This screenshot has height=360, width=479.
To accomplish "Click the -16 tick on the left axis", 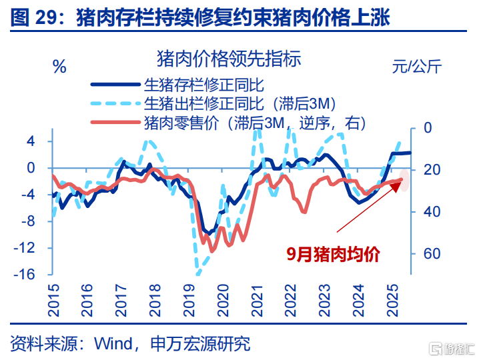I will [x=26, y=275].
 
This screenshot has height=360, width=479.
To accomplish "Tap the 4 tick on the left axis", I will [x=31, y=141].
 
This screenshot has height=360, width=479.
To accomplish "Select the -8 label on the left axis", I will [x=29, y=221].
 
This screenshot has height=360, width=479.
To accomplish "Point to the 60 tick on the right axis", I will [x=431, y=254].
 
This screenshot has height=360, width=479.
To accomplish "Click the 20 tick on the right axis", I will [x=431, y=170].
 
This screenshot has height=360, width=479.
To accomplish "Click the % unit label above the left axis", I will [x=59, y=66].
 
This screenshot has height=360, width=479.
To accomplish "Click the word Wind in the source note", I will [x=113, y=343].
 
